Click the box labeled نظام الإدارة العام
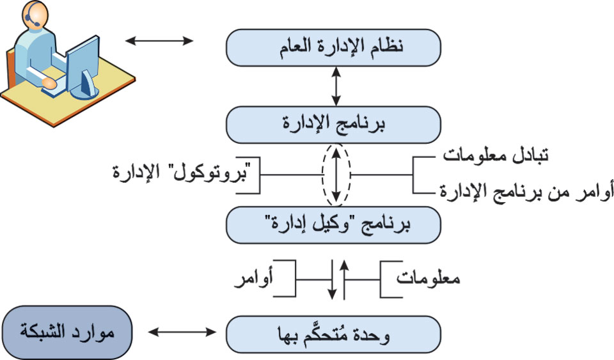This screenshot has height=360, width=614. click(x=334, y=47)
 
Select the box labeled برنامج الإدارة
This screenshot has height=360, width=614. click(x=334, y=125)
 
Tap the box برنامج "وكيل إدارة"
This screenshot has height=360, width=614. click(x=334, y=225)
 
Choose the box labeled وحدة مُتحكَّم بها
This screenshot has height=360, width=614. click(x=334, y=334)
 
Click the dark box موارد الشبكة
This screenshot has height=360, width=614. click(x=67, y=333)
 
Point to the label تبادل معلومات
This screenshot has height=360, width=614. click(x=495, y=155)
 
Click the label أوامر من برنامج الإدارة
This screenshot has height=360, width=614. click(x=526, y=192)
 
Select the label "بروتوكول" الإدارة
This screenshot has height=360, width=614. click(x=181, y=172)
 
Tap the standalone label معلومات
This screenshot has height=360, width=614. click(x=428, y=278)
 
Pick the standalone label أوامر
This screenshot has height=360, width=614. click(x=253, y=279)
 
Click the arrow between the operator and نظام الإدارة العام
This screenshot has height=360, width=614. click(x=159, y=40)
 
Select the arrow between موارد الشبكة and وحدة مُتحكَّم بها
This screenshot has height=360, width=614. click(x=182, y=333)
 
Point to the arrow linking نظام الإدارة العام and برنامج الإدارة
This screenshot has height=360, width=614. click(x=336, y=86)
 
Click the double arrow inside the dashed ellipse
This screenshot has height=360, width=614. click(x=336, y=175)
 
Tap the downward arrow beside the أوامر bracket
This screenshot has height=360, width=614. click(x=332, y=279)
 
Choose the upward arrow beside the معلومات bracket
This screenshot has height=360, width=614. click(x=344, y=279)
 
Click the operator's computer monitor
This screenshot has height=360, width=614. click(x=83, y=67)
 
